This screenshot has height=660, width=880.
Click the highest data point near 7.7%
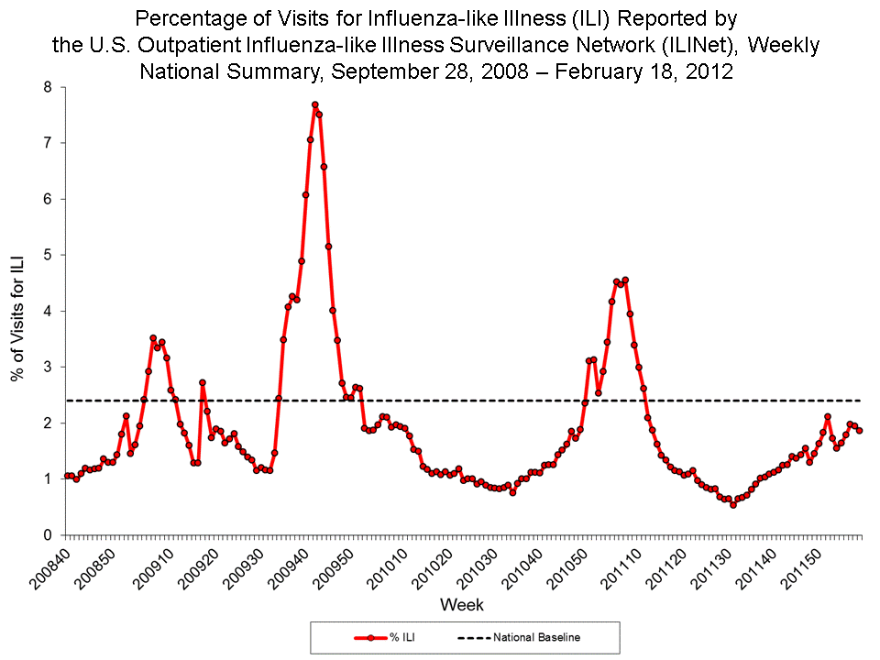click(314, 104)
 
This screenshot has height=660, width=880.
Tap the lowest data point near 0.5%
click(732, 504)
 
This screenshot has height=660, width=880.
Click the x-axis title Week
click(462, 605)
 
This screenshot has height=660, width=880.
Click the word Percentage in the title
click(191, 18)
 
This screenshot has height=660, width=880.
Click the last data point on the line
click(860, 430)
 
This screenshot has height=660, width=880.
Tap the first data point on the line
click(67, 476)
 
